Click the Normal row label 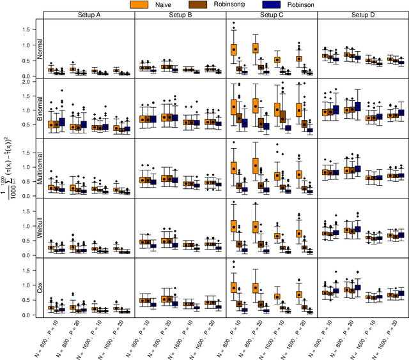tap(40, 49)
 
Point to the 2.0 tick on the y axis tap(27, 82)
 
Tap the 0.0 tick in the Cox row tap(27, 315)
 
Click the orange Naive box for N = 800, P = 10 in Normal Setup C tap(234, 49)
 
